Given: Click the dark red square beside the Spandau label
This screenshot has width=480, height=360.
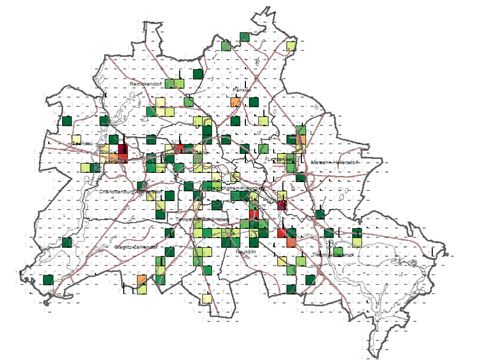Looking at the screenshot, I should pos(123,153).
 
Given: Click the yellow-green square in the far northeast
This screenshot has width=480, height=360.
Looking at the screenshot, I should pos(291,45).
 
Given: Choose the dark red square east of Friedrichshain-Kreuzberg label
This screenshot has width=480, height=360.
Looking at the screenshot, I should pos(283,204).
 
